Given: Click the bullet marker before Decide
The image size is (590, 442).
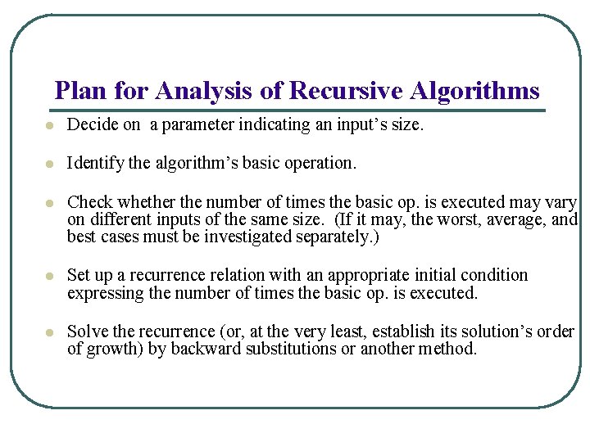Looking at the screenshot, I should coord(49,127).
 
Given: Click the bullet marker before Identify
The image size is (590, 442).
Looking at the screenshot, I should coord(49,165).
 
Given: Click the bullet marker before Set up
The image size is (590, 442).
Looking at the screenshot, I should coord(49,277).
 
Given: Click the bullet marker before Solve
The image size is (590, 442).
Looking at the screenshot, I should coord(49,333).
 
